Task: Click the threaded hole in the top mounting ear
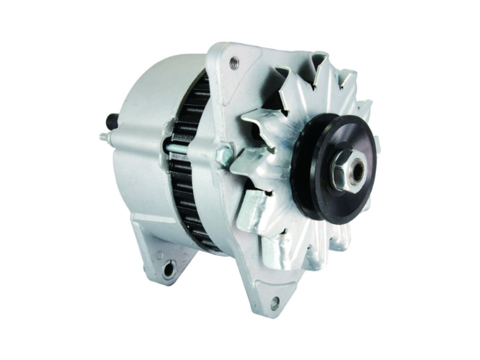pyautogui.click(x=233, y=61)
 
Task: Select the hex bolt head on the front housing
pyautogui.click(x=223, y=154)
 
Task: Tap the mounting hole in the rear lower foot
pyautogui.click(x=168, y=270)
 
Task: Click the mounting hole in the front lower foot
pyautogui.click(x=275, y=303)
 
